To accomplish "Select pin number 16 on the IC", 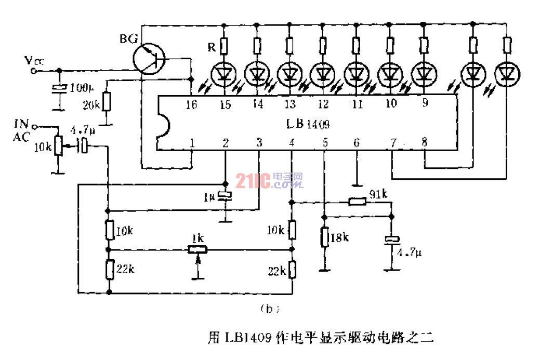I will click(192, 104).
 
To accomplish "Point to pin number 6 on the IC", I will click(357, 142).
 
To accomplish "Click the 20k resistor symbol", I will click(107, 101).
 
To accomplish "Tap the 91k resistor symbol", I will click(357, 201).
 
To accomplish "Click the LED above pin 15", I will click(225, 74).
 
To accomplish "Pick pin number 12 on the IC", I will click(323, 104).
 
